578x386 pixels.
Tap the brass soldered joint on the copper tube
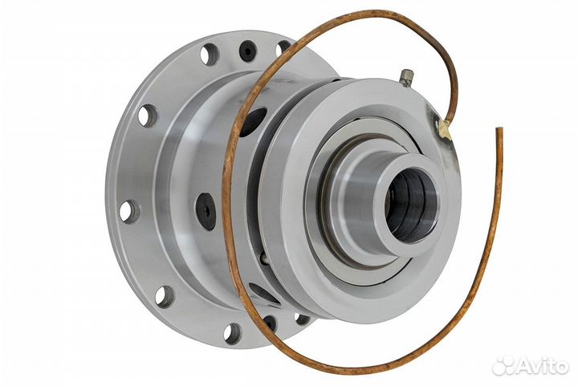pyautogui.click(x=444, y=129)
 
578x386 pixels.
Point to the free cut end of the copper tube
pyautogui.click(x=499, y=129)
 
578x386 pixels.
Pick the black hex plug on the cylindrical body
pyautogui.click(x=206, y=212)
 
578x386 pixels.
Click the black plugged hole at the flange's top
pyautogui.click(x=248, y=50)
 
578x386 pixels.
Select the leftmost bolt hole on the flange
pyautogui.click(x=129, y=211)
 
